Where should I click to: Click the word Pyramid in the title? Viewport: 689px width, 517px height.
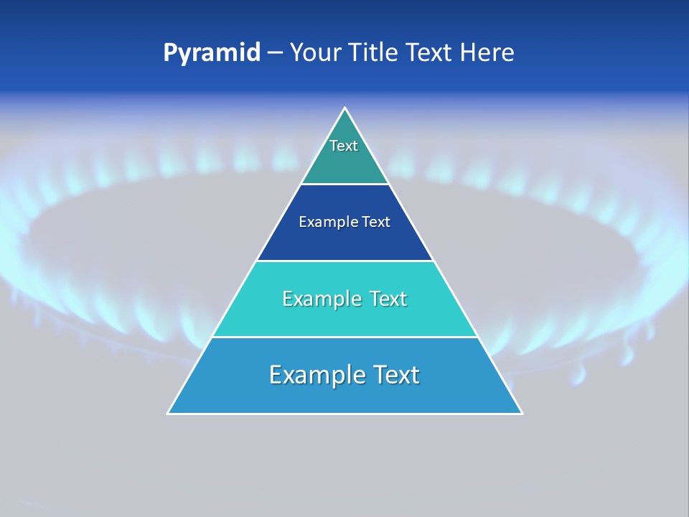click(212, 53)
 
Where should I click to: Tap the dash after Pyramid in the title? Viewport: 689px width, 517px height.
click(275, 53)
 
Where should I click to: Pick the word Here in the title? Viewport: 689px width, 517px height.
click(487, 53)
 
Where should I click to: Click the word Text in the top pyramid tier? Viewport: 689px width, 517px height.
click(344, 146)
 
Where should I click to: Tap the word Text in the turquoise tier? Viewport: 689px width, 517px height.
click(388, 299)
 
